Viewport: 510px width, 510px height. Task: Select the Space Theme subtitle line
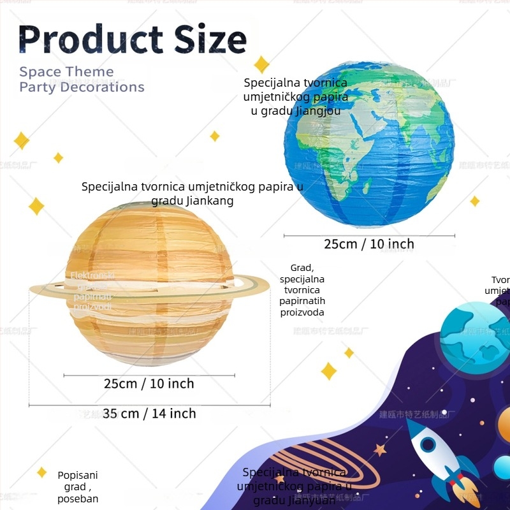pos(66,71)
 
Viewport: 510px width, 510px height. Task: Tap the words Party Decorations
pos(82,87)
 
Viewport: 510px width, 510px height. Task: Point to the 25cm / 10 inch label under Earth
pos(369,244)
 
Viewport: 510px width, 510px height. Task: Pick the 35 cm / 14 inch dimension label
pos(149,414)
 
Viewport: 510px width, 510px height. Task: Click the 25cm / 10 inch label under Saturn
pos(149,384)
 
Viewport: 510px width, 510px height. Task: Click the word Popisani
pos(78,475)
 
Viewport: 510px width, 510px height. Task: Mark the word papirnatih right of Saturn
pos(302,302)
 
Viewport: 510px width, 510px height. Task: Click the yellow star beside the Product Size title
pos(261,64)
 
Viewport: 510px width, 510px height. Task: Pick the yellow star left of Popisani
pos(42,472)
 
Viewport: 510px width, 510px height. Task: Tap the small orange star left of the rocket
pos(380,450)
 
